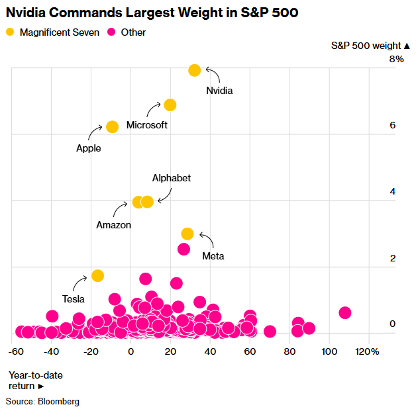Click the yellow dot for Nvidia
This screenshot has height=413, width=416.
click(195, 70)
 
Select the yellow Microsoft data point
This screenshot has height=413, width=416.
click(170, 105)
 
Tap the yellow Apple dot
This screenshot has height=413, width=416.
click(112, 126)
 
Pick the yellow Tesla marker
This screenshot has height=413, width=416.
click(97, 275)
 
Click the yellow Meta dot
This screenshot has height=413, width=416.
click(187, 234)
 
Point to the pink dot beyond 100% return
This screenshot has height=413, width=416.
click(344, 312)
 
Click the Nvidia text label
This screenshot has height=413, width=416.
click(219, 90)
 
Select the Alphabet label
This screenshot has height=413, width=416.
click(172, 178)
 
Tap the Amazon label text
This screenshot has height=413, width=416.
click(114, 225)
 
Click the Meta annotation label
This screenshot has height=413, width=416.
click(213, 256)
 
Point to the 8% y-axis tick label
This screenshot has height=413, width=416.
click(396, 59)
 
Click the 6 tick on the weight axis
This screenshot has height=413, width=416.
click(392, 125)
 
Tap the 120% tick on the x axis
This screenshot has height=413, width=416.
click(368, 351)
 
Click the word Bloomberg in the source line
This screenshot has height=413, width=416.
click(60, 402)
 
